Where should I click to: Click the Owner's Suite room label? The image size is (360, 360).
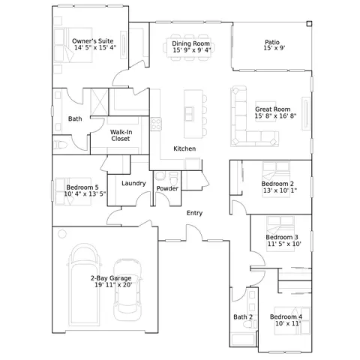(x=92, y=41)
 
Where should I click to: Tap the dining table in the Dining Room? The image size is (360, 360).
(x=189, y=48)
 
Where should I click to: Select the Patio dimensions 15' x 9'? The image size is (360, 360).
(x=274, y=48)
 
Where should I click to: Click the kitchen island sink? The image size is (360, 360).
(x=189, y=114)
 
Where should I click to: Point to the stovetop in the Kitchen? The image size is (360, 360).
(x=156, y=124)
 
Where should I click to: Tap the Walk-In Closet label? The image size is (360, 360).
(x=121, y=135)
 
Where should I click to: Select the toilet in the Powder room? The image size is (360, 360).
(x=173, y=178)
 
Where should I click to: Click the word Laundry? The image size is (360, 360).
(x=133, y=183)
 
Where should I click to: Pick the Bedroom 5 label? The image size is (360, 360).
(x=82, y=187)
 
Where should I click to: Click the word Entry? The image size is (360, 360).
(x=194, y=213)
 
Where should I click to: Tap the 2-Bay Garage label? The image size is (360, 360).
(x=111, y=278)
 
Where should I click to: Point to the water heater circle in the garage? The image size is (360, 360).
(x=62, y=234)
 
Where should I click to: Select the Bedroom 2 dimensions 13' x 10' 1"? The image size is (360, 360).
(x=280, y=190)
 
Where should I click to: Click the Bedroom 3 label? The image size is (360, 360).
(x=282, y=237)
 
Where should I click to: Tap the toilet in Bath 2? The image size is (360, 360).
(x=250, y=324)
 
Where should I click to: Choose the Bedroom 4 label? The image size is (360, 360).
(x=286, y=316)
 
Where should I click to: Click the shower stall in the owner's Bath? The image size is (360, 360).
(x=99, y=102)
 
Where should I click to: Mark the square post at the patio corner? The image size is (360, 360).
(x=309, y=23)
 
